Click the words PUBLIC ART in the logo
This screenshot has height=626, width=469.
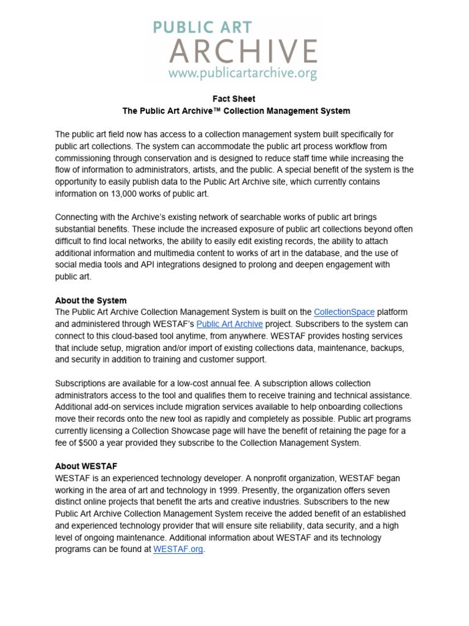click(x=202, y=28)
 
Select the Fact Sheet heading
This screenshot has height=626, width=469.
click(x=234, y=98)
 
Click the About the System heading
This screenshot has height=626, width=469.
click(x=91, y=300)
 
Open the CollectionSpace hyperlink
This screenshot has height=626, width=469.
click(x=344, y=312)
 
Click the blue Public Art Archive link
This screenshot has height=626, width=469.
click(x=230, y=324)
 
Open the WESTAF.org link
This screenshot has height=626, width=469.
click(x=178, y=549)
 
